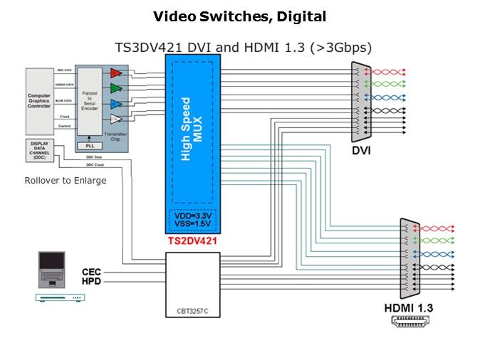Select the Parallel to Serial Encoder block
(x=89, y=101)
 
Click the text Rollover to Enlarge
(x=66, y=180)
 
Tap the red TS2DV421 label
(x=192, y=242)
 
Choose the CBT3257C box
(x=194, y=282)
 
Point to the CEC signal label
(x=92, y=272)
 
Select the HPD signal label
(x=92, y=282)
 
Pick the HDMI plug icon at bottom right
(x=409, y=322)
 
